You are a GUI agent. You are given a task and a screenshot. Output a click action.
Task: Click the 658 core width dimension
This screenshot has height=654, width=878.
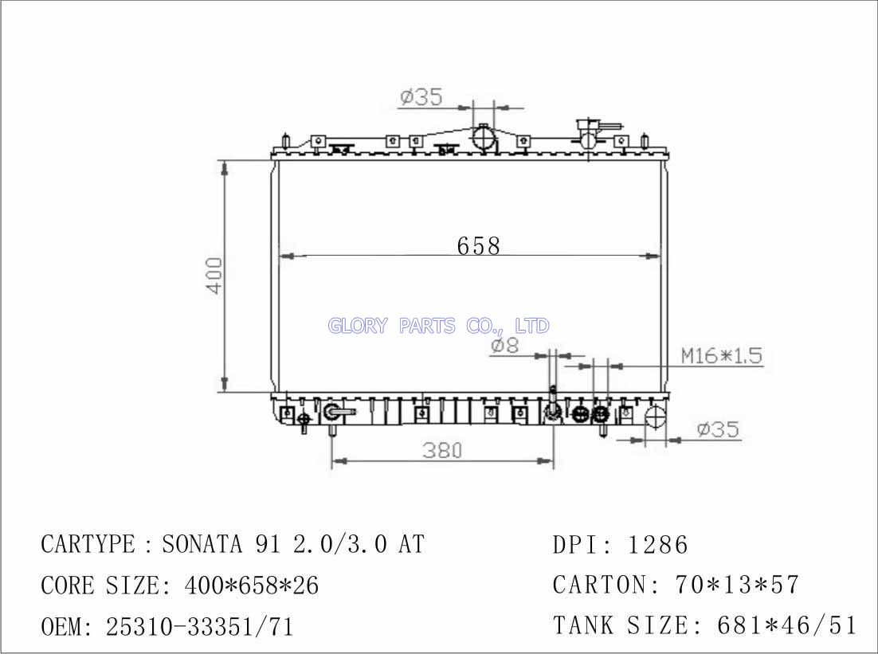coord(478,246)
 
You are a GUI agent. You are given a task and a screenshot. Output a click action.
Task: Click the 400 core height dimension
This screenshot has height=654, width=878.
coord(215,276)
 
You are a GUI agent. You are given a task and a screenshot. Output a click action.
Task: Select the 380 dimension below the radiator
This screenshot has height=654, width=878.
coord(442,450)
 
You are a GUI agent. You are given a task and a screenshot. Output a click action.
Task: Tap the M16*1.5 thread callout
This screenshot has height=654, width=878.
coord(722,355)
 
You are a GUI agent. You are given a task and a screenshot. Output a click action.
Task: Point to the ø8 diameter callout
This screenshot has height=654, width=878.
coord(505,346)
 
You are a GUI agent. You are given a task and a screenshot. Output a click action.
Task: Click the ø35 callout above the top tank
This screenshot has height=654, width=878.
coord(421,97)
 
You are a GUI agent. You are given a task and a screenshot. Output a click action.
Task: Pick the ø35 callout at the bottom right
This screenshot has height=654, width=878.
coord(719,429)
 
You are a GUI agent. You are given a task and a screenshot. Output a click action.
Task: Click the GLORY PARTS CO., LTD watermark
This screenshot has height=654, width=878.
coord(438,325)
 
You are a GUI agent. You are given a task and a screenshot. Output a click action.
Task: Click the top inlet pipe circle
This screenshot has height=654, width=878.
coord(484,138)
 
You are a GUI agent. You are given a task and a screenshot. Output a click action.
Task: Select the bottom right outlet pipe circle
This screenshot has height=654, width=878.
coord(655,418)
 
